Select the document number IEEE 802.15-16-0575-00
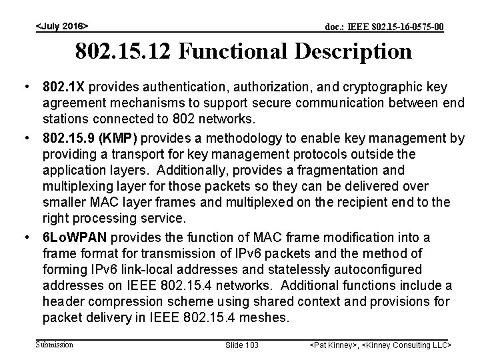pyautogui.click(x=384, y=27)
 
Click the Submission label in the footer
pyautogui.click(x=55, y=345)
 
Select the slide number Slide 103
pyautogui.click(x=241, y=345)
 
